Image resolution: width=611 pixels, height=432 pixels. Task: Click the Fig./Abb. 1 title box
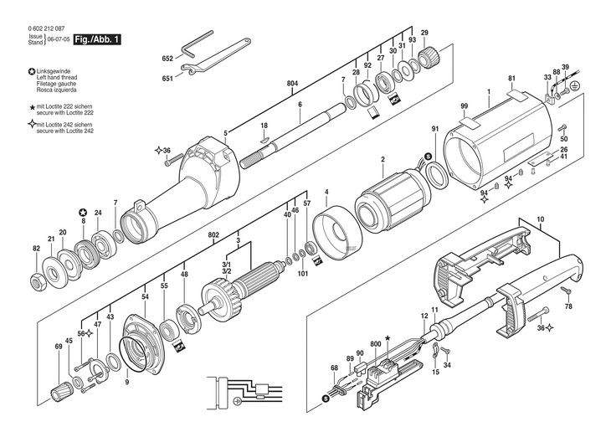coord(97,39)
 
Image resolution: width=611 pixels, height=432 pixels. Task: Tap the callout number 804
coord(293,85)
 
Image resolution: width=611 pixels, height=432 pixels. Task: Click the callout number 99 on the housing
coord(464,105)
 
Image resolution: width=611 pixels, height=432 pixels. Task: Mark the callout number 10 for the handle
coord(540,219)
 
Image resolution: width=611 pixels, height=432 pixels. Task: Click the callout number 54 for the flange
coord(145,297)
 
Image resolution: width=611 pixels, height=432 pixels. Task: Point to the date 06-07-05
coord(59,39)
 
